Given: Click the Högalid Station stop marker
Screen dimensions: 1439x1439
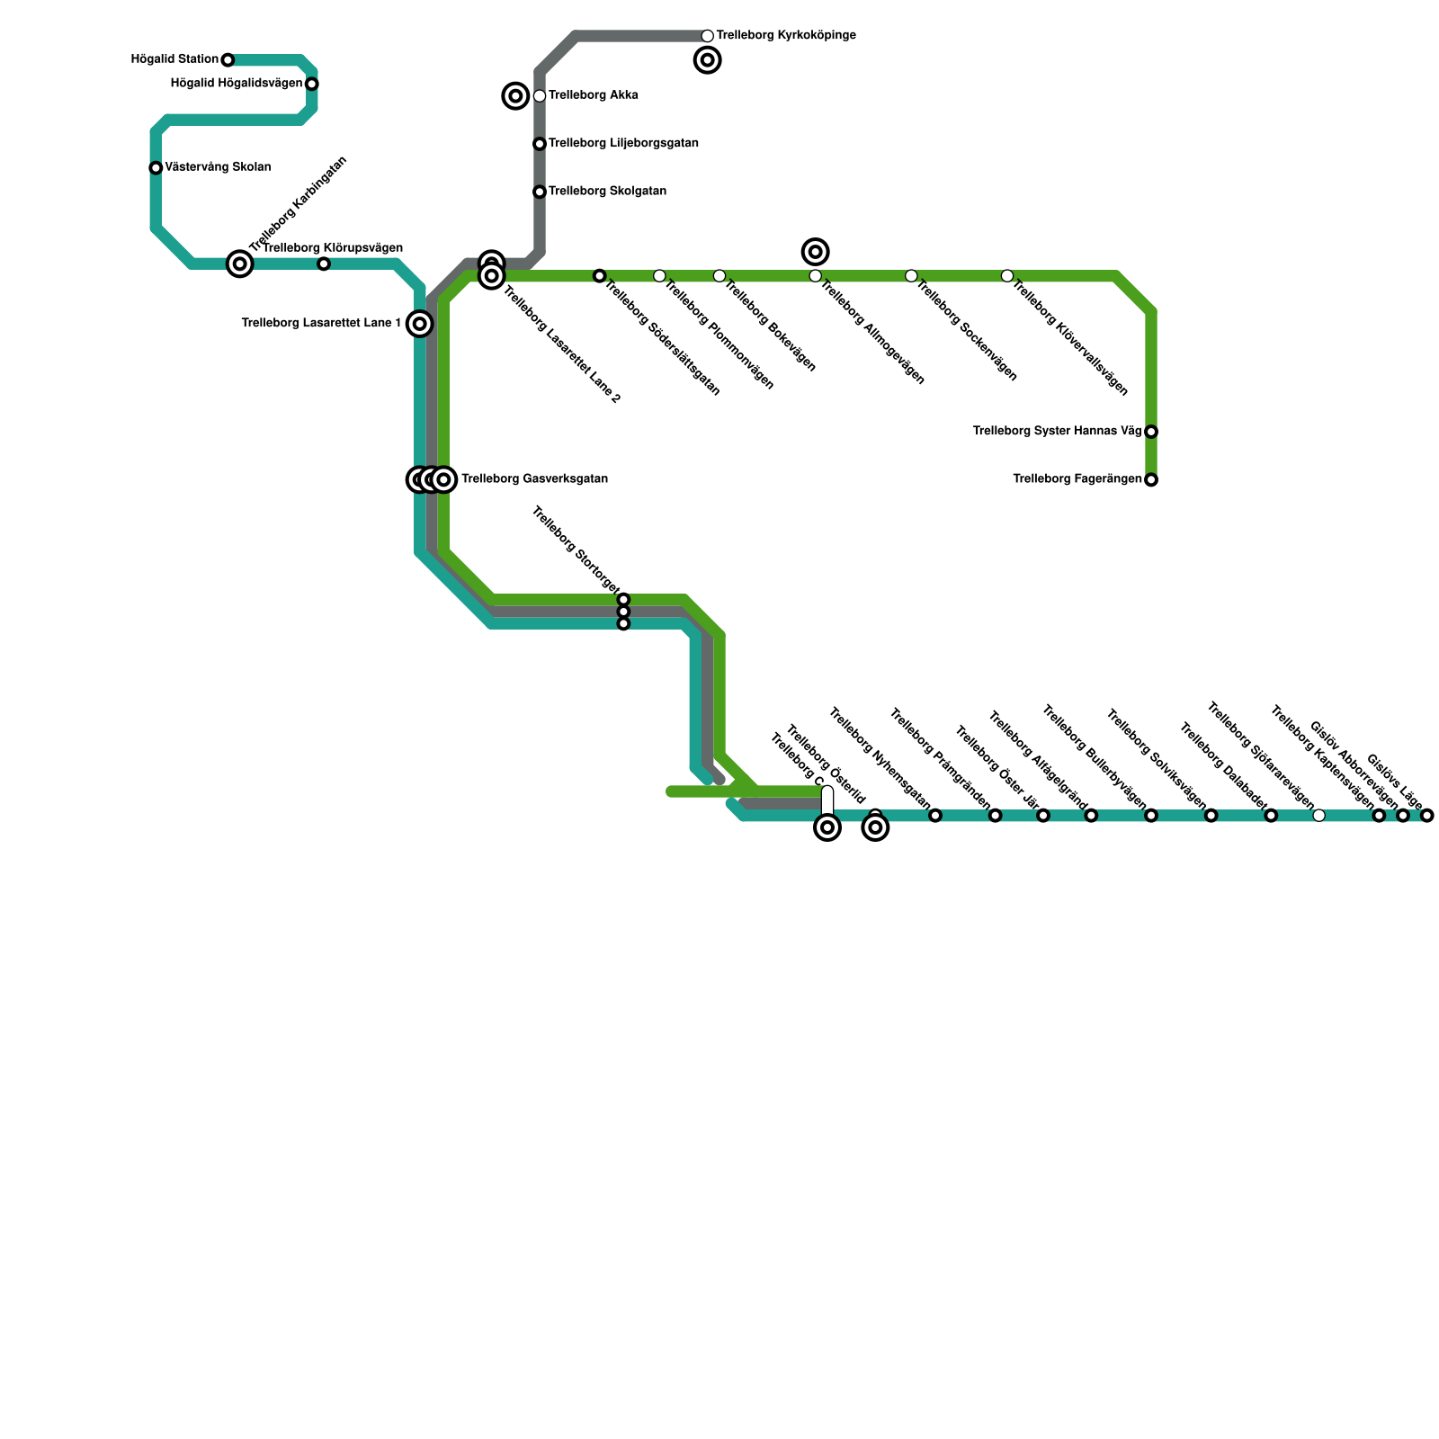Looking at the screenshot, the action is point(228,60).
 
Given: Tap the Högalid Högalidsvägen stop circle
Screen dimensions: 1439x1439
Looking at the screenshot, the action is point(311,85).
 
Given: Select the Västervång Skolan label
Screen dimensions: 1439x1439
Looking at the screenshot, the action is point(218,167).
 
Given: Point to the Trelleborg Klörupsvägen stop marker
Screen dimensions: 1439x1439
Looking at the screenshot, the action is point(324,264).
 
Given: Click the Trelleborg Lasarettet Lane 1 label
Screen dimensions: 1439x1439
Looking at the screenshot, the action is point(321,324).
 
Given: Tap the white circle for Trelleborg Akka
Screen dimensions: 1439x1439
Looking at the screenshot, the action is point(540,96).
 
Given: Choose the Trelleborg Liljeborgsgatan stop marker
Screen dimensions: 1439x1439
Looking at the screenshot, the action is point(540,144).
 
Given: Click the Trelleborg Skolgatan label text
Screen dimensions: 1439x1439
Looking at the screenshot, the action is point(607,192).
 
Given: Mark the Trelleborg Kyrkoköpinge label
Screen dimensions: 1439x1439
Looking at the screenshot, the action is point(786,36).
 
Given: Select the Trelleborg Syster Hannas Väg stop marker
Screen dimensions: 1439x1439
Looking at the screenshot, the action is point(1151,432).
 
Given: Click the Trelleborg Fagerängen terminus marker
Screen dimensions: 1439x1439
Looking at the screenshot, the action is point(1151,480).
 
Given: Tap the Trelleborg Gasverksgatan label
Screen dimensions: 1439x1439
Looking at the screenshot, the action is point(534,479).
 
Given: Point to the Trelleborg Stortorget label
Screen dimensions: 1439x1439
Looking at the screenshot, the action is point(575,549).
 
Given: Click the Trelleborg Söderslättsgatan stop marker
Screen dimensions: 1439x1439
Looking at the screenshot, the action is point(600,276).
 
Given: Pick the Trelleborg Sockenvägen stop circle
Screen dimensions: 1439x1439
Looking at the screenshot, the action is point(911,276).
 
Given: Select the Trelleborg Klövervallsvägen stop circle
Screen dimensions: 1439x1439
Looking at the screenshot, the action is point(1007,276).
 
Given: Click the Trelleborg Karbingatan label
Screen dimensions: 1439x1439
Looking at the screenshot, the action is point(299,205).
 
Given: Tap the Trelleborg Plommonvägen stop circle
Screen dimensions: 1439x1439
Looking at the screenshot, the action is point(659,276).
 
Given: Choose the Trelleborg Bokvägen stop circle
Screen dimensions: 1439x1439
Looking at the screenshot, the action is point(719,276).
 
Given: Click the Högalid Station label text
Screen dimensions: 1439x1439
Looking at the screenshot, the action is point(174,60).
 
